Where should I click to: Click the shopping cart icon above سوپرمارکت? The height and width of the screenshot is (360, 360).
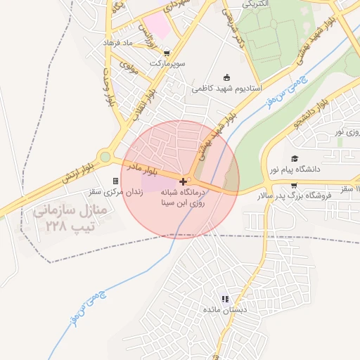pyautogui.click(x=166, y=52)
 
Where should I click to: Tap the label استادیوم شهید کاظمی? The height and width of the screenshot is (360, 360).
pyautogui.click(x=227, y=89)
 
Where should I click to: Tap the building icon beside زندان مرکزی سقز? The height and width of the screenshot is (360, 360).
pyautogui.click(x=115, y=181)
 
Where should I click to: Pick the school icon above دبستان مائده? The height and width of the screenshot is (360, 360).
pyautogui.click(x=225, y=299)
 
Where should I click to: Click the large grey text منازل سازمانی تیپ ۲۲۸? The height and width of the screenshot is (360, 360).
pyautogui.click(x=60, y=219)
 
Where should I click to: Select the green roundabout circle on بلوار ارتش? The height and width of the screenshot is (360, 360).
pyautogui.click(x=105, y=157)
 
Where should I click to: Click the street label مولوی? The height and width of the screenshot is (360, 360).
pyautogui.click(x=128, y=68)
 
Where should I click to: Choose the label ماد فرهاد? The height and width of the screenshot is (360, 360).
pyautogui.click(x=118, y=44)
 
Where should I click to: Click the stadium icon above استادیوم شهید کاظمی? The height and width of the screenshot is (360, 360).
pyautogui.click(x=226, y=77)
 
